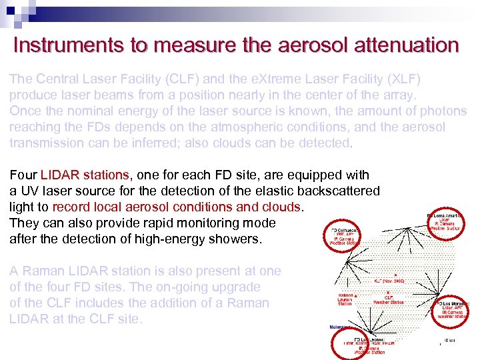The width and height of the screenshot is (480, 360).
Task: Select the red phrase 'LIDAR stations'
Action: click(85, 175)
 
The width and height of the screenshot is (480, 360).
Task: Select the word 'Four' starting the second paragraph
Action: click(23, 175)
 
